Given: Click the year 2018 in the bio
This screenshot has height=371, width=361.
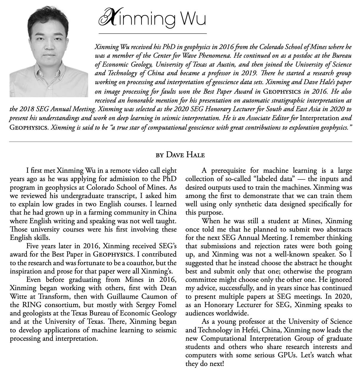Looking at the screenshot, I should [29, 109].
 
